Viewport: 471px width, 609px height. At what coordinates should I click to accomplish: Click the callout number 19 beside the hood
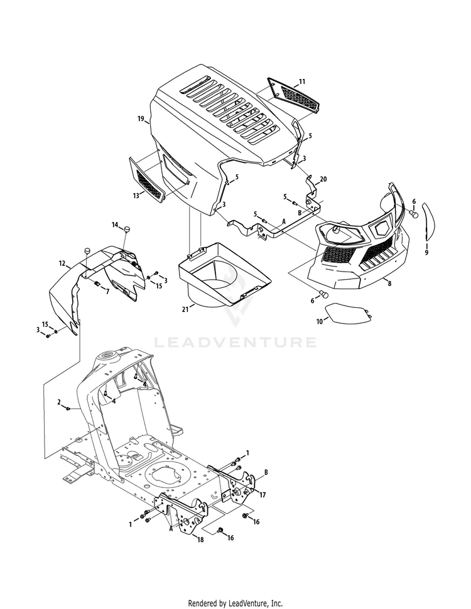[x=141, y=119]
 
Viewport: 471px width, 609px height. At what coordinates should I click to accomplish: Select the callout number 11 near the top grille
[x=302, y=82]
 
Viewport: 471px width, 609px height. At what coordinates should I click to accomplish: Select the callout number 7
[x=107, y=292]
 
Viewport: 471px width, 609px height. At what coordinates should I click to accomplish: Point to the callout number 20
[x=323, y=179]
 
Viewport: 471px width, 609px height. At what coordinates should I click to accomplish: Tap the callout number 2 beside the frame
[x=59, y=401]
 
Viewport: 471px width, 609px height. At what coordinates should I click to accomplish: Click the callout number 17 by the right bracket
[x=262, y=495]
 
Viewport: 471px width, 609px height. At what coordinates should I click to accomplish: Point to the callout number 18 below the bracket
[x=200, y=539]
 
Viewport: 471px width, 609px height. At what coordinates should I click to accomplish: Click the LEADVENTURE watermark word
[x=235, y=342]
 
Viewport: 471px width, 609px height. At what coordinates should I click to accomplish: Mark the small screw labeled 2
[x=68, y=408]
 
